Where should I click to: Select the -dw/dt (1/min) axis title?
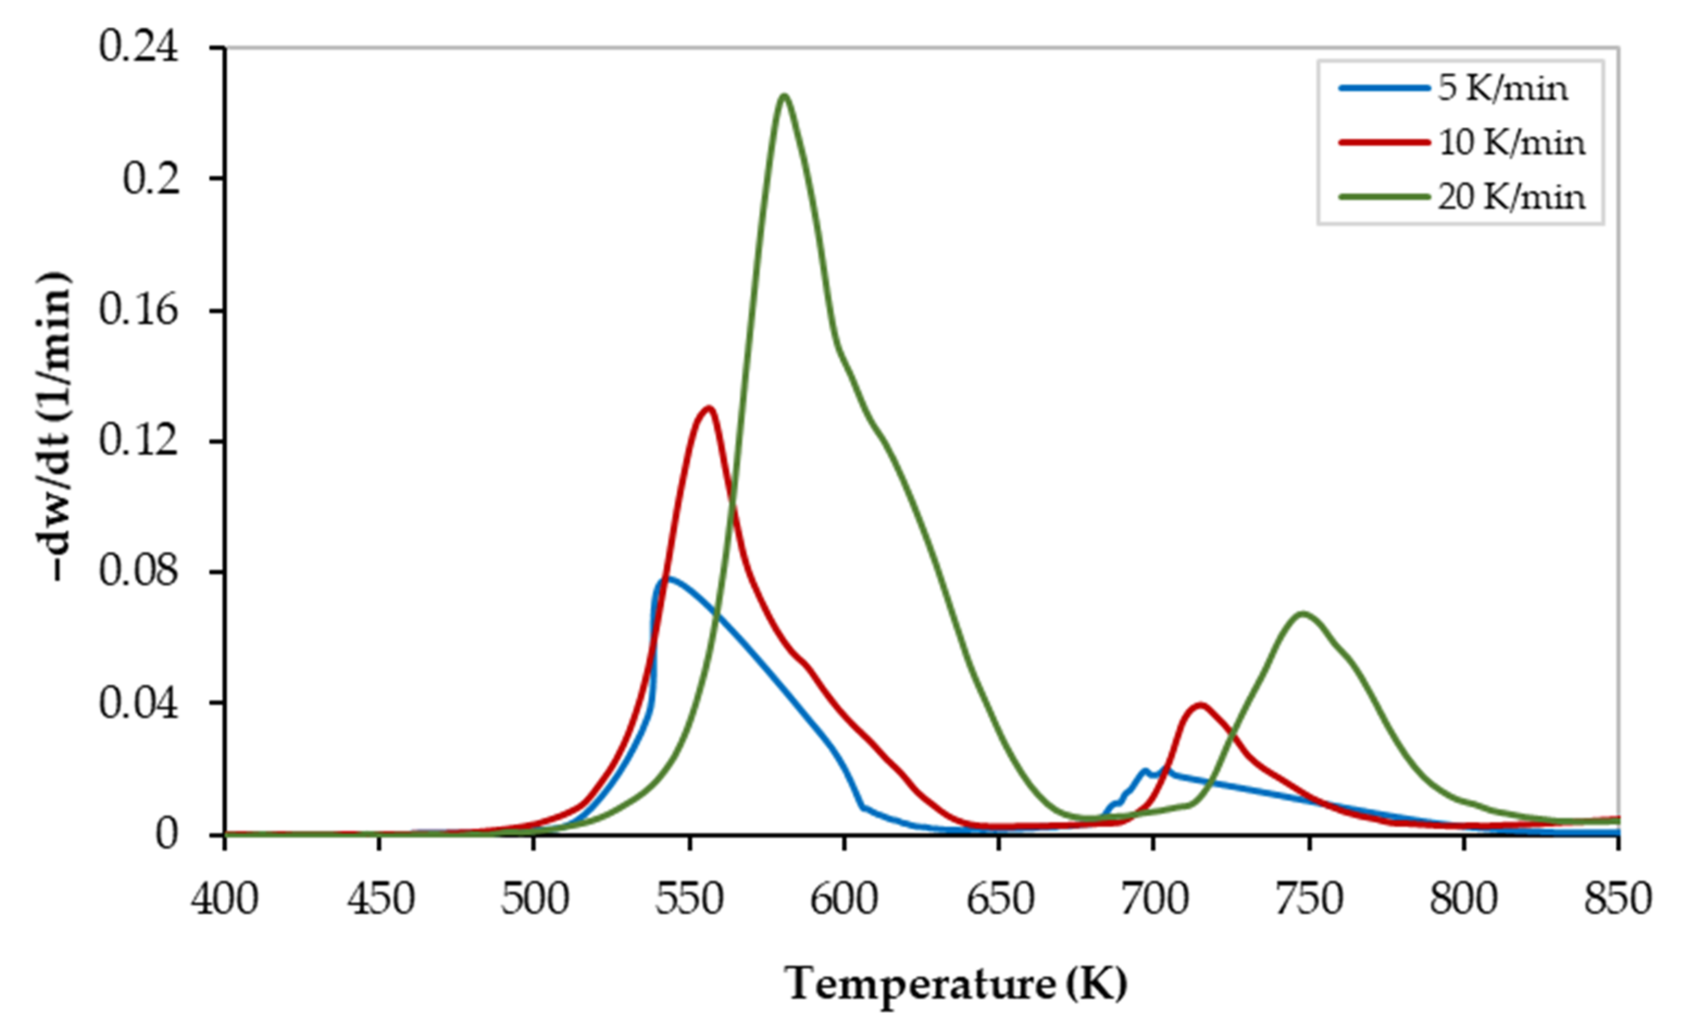click(x=53, y=427)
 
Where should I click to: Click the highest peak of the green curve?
click(x=784, y=96)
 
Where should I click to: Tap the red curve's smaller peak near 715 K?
click(x=1200, y=705)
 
